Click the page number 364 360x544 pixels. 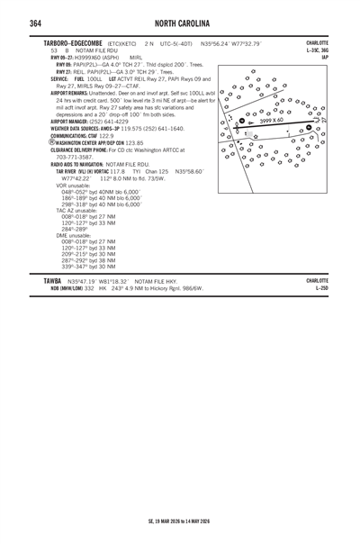(x=12, y=23)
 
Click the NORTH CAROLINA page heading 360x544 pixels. (x=180, y=23)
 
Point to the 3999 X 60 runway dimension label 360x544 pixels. (x=273, y=120)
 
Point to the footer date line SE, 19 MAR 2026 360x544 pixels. (x=179, y=520)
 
